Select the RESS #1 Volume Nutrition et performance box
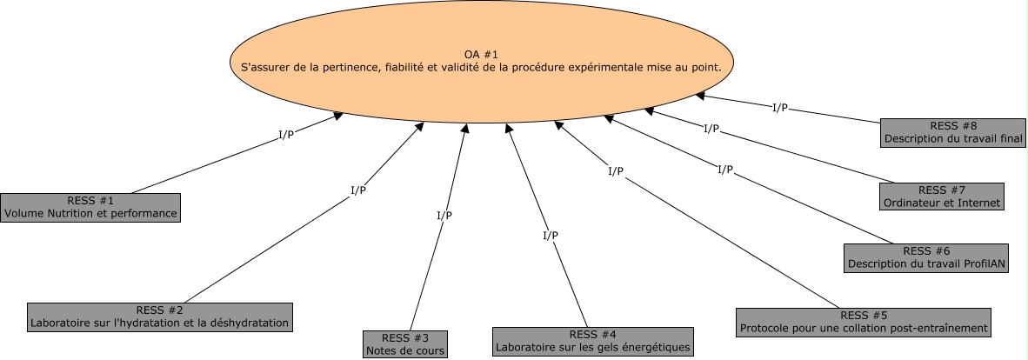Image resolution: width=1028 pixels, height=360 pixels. click(x=90, y=208)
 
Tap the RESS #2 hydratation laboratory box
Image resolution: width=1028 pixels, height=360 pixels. click(x=159, y=317)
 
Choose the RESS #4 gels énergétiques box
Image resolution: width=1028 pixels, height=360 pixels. click(x=593, y=341)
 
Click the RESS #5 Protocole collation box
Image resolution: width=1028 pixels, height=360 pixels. click(x=864, y=322)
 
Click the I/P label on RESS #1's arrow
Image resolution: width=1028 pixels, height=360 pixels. click(x=285, y=135)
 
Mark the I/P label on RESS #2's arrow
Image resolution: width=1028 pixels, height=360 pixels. click(x=358, y=190)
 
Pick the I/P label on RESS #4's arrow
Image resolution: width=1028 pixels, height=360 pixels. click(x=551, y=235)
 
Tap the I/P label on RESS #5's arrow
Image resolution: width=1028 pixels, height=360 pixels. click(x=616, y=171)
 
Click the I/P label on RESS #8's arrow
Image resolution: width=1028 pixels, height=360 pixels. click(x=780, y=108)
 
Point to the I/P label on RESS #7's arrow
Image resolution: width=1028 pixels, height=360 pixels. click(x=711, y=129)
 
